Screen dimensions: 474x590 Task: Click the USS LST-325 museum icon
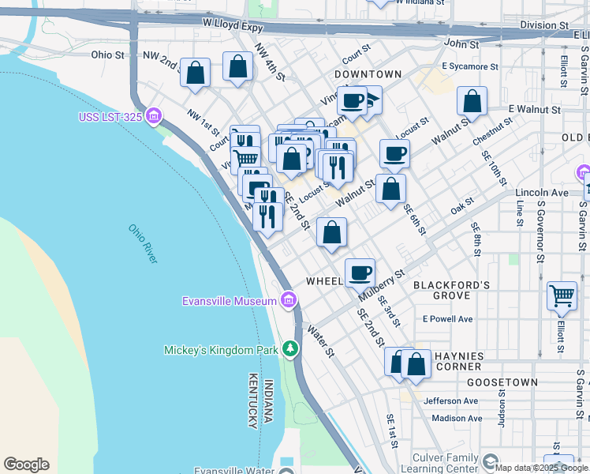pyautogui.click(x=154, y=118)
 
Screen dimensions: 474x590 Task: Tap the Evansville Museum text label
pyautogui.click(x=229, y=301)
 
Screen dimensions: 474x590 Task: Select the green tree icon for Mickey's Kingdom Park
pyautogui.click(x=291, y=348)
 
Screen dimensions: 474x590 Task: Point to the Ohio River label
pyautogui.click(x=144, y=244)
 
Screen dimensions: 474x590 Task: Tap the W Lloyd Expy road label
pyautogui.click(x=231, y=25)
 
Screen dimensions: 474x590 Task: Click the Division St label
pyautogui.click(x=540, y=25)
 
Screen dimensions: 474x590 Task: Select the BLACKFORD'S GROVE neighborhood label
pyautogui.click(x=451, y=290)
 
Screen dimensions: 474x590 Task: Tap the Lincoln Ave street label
pyautogui.click(x=541, y=193)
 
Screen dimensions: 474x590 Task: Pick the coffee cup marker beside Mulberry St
pyautogui.click(x=360, y=273)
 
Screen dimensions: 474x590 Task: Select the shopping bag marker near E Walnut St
pyautogui.click(x=472, y=101)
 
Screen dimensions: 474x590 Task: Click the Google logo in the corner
pyautogui.click(x=26, y=465)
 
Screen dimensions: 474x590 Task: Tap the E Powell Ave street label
pyautogui.click(x=447, y=319)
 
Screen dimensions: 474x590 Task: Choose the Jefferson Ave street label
pyautogui.click(x=450, y=401)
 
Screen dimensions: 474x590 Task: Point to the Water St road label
pyautogui.click(x=321, y=340)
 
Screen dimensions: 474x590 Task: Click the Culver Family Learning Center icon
pyautogui.click(x=490, y=461)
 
